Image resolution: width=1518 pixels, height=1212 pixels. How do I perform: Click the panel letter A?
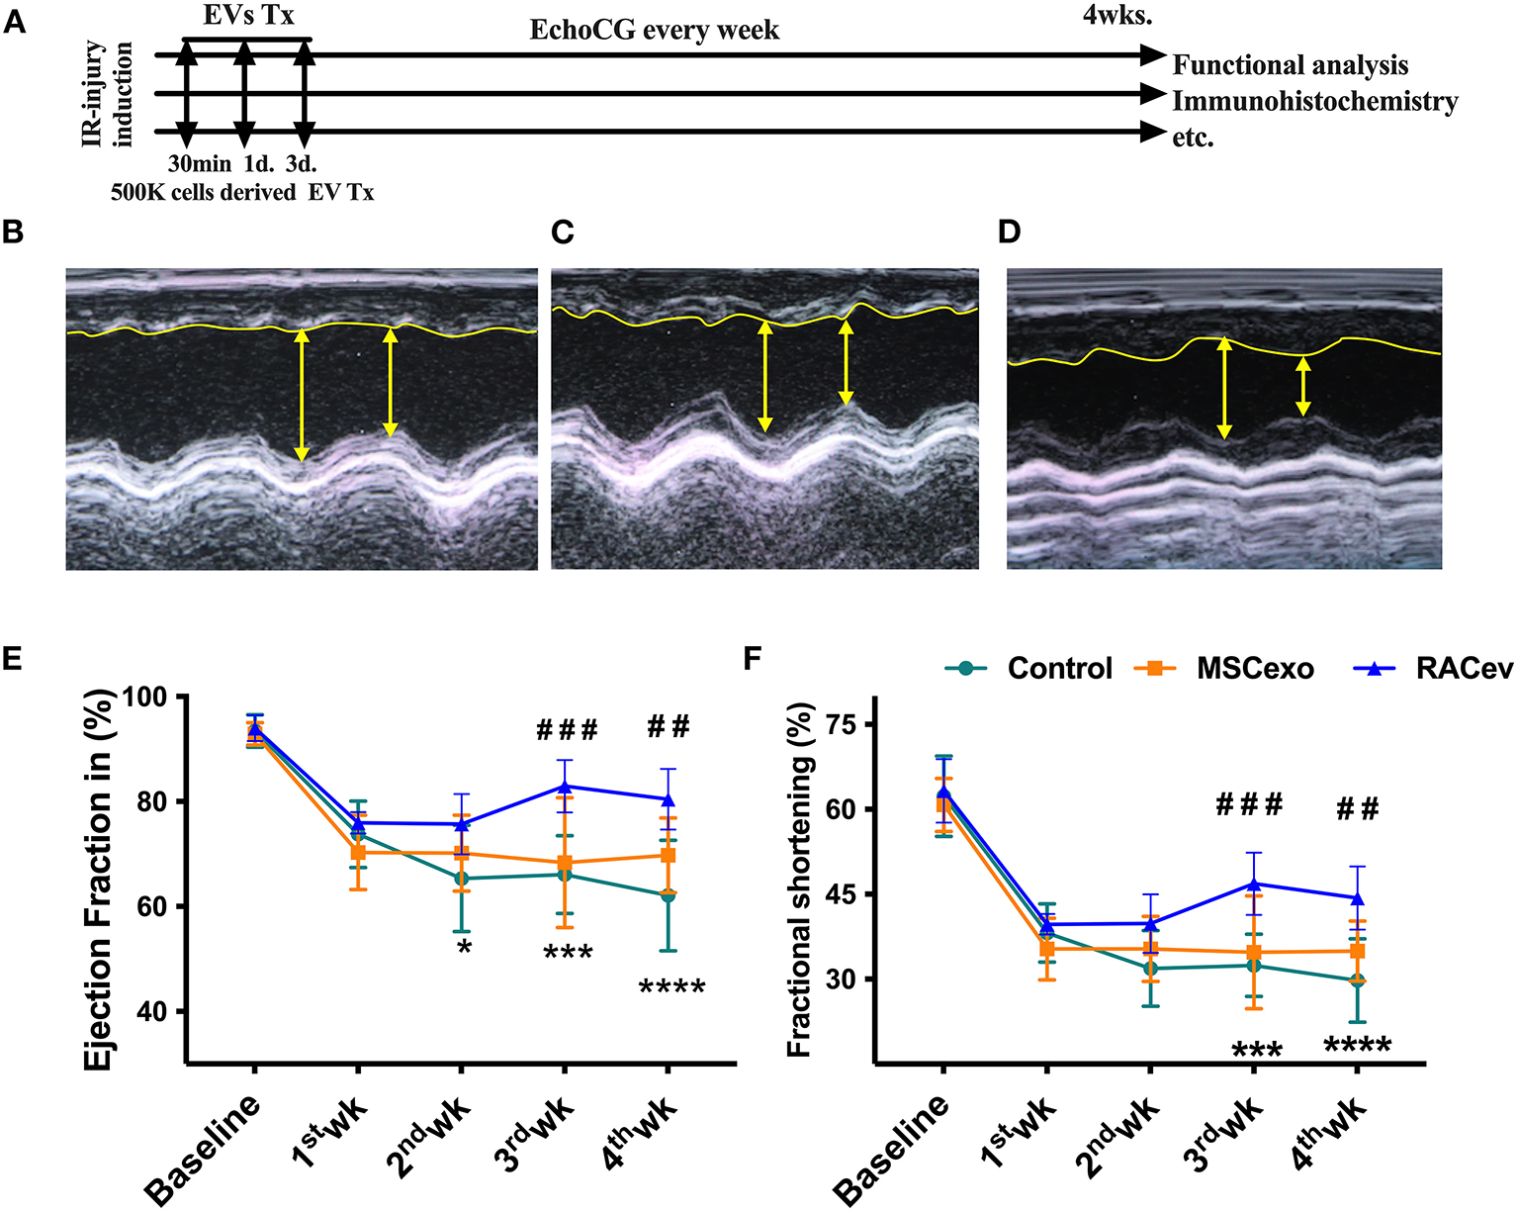(x=14, y=22)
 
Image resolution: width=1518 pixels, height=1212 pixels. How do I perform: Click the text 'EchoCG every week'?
(x=654, y=31)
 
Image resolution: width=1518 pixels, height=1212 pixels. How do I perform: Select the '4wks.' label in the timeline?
(x=1117, y=16)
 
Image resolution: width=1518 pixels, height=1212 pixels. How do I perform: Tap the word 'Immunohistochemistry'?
(x=1314, y=102)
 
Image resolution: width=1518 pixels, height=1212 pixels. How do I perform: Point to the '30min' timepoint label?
(x=199, y=164)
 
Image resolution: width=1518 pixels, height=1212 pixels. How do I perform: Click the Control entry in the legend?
(x=1029, y=669)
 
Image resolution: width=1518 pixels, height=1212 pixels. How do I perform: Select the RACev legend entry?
(x=1434, y=669)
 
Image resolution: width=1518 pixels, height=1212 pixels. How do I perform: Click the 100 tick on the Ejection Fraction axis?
(x=152, y=697)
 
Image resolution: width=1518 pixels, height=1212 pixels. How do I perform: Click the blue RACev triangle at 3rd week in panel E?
(x=565, y=787)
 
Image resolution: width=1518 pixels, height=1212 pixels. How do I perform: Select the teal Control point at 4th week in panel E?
(x=668, y=895)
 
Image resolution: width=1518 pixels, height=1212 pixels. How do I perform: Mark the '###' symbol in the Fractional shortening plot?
(x=1249, y=805)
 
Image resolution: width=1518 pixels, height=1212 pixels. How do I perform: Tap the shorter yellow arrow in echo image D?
(x=1303, y=386)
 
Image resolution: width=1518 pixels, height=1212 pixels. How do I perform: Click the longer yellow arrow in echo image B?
(x=302, y=396)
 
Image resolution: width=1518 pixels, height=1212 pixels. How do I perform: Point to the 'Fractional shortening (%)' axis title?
(x=799, y=881)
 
